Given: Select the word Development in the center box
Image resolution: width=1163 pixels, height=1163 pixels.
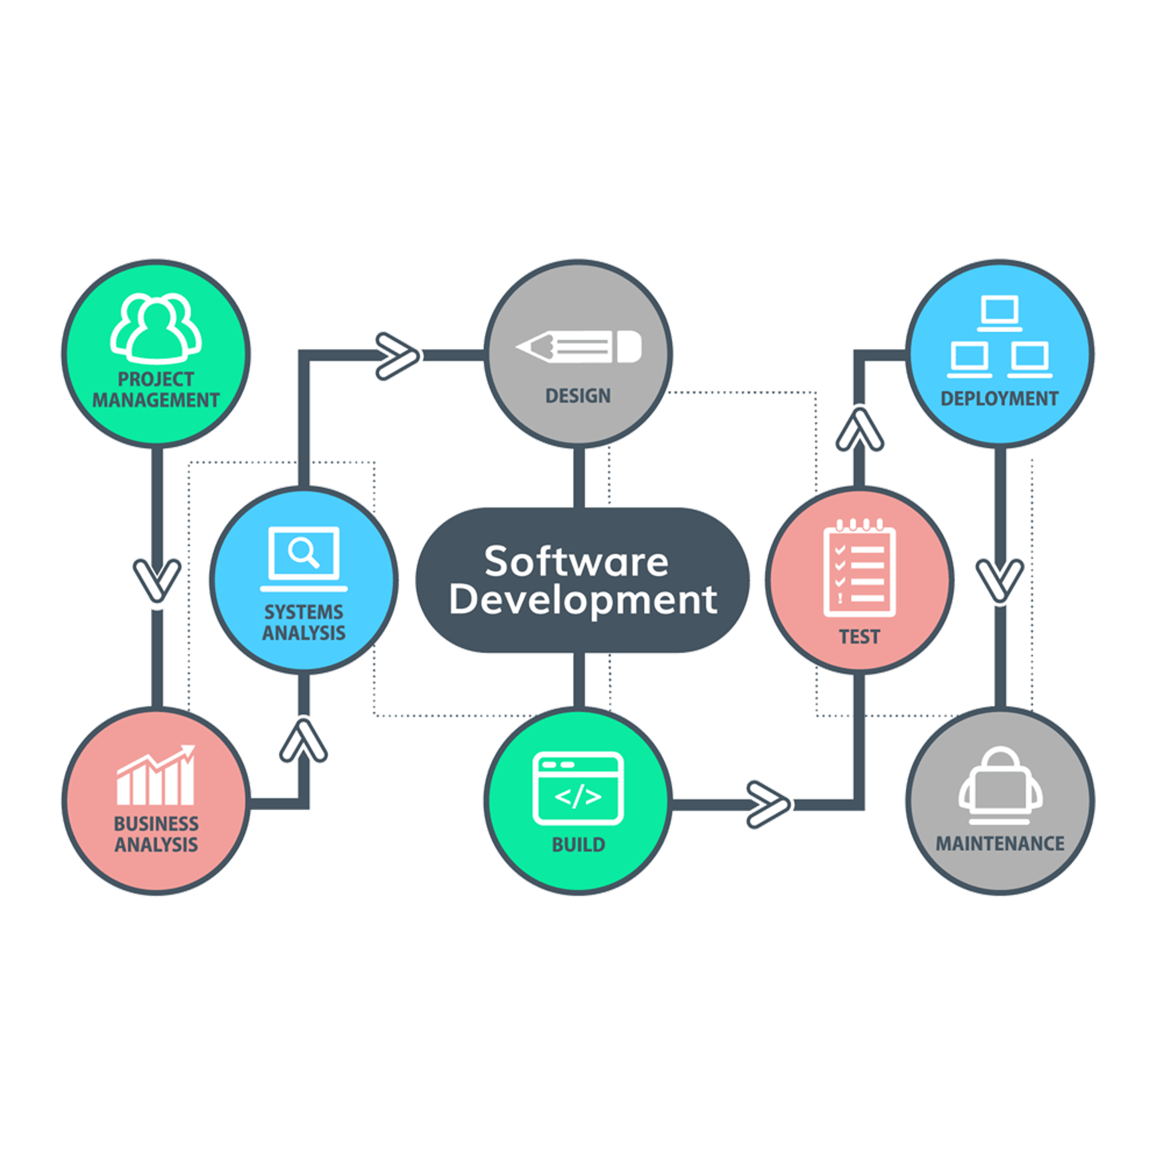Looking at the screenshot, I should pos(583,601).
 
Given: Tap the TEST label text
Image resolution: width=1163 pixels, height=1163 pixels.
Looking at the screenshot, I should pos(860,637).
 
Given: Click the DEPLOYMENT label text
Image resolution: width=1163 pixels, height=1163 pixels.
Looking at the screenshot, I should pos(999,398).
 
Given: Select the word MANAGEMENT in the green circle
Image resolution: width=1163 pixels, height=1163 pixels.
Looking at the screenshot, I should pos(156,400).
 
